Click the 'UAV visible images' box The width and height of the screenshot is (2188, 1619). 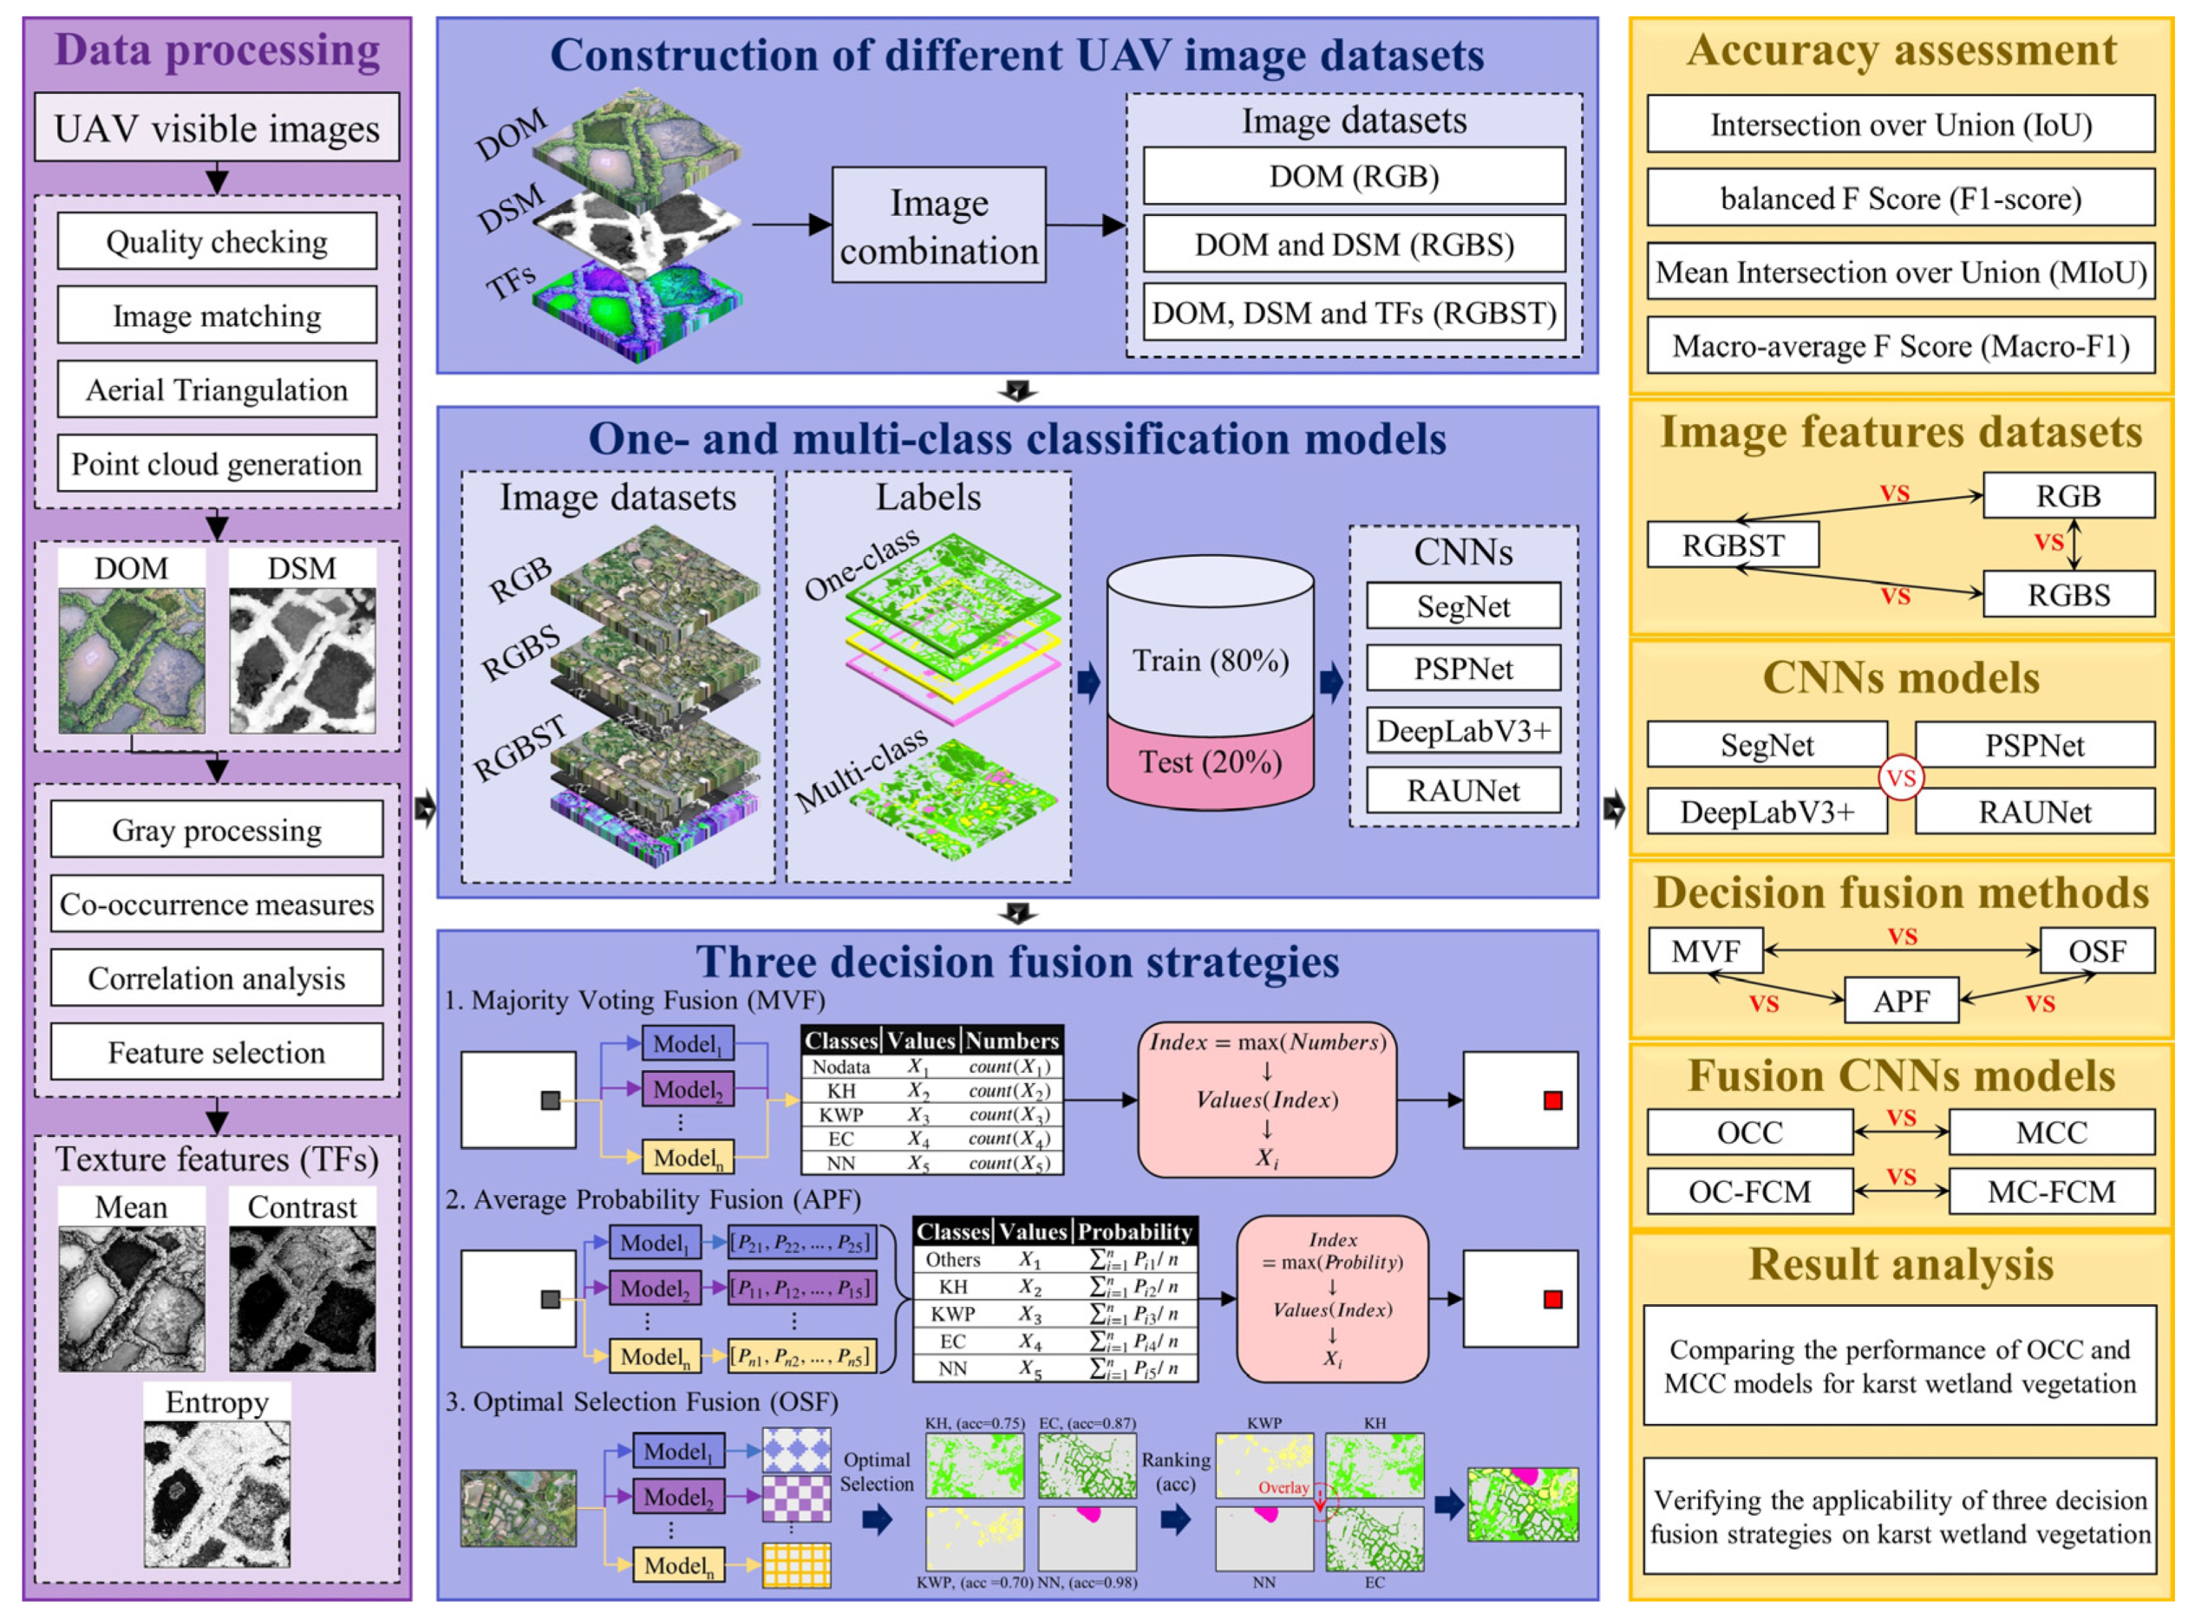[217, 127]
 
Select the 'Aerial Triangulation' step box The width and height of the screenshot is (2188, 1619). [217, 389]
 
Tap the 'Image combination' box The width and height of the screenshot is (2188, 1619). [937, 225]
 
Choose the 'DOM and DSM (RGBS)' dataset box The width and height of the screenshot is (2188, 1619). [1353, 244]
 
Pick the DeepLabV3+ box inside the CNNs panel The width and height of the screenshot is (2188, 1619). [1463, 730]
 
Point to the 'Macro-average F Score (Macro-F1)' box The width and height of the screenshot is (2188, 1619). [1900, 346]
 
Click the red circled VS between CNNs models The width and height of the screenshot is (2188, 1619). [1901, 778]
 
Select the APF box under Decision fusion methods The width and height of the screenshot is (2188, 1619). [1901, 1001]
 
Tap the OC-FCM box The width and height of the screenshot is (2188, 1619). [1749, 1191]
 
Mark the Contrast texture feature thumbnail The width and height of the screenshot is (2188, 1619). [302, 1297]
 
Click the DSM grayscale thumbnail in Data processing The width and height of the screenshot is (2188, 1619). [302, 660]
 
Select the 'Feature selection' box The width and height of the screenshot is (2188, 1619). [217, 1052]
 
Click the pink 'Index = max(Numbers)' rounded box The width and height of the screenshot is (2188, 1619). [1267, 1100]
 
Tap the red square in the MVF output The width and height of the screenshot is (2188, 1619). [1552, 1100]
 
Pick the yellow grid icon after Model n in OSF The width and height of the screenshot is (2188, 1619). [795, 1565]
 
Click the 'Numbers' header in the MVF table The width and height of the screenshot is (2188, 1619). [1011, 1041]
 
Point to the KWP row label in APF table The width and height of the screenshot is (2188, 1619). [951, 1313]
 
